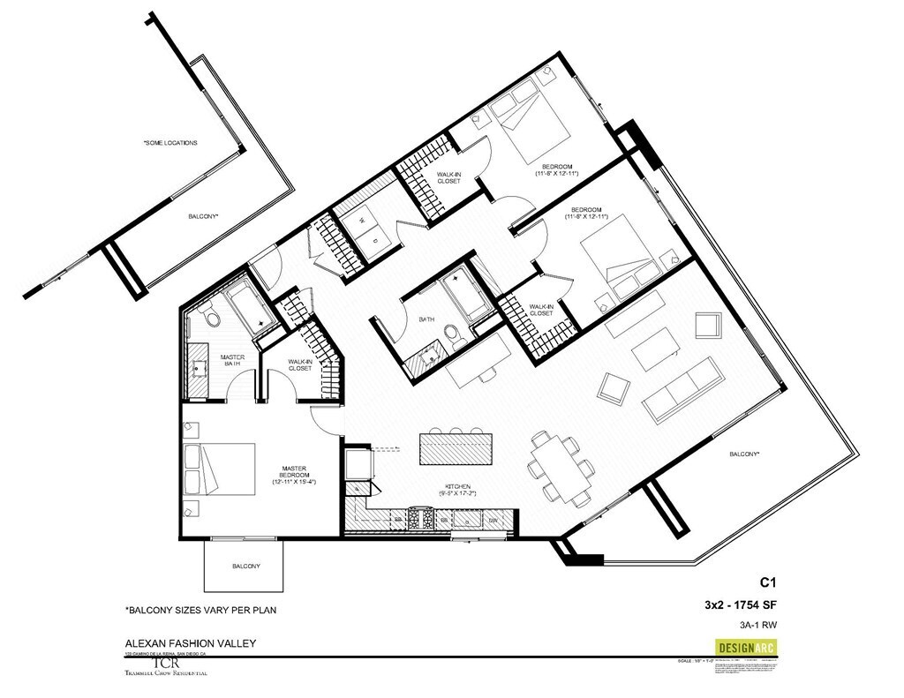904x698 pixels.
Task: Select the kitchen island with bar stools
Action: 458,447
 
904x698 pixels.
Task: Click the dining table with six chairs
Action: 556,469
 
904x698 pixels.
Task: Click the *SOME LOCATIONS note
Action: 170,142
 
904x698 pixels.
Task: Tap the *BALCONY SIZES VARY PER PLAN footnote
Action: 206,610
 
